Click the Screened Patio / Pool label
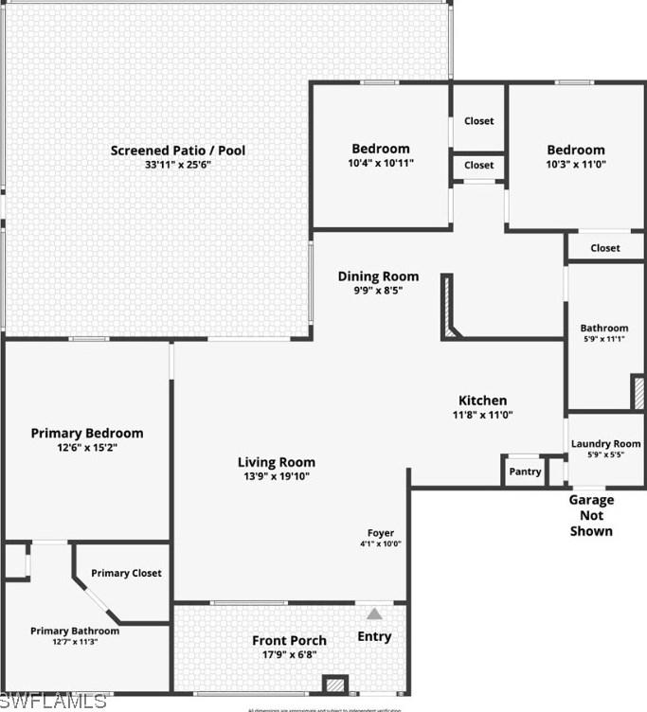pos(177,151)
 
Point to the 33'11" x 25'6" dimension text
pos(177,165)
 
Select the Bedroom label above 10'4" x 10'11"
pos(381,149)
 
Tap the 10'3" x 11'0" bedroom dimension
pos(575,164)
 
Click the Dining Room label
pos(378,276)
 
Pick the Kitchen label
pos(482,400)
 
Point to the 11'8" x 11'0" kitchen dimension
pos(482,415)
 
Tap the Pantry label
pos(525,472)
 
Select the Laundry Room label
pos(605,443)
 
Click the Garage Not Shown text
pos(591,515)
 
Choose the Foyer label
pos(381,533)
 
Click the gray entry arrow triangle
pos(374,614)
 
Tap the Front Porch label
pos(289,641)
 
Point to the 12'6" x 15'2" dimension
pos(87,448)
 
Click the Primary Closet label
pos(126,573)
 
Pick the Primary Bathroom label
pos(75,631)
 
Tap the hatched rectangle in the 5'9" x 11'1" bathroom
pos(638,392)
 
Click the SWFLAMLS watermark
pos(54,701)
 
